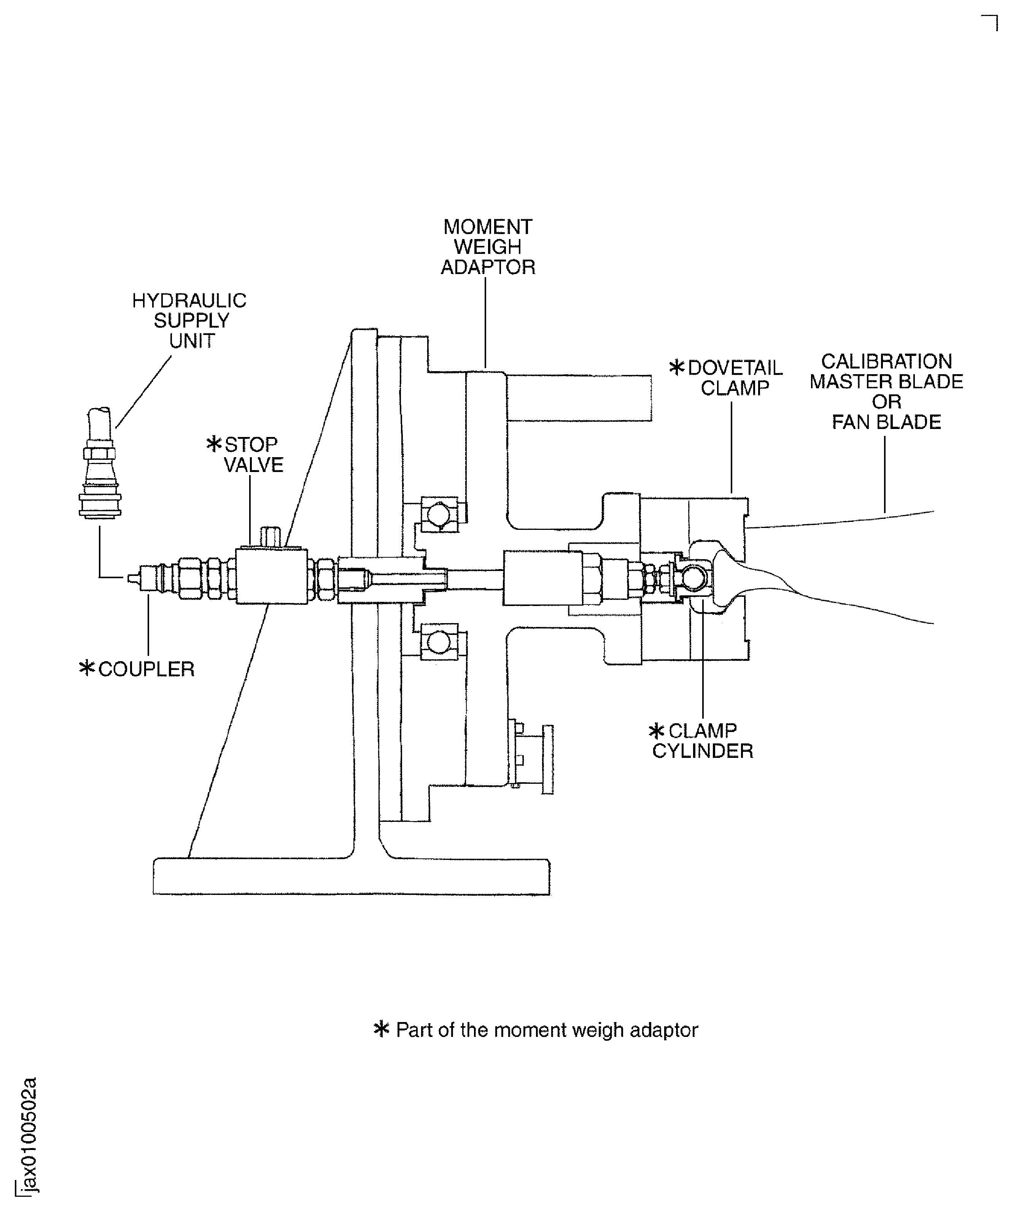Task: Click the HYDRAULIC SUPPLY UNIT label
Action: point(190,321)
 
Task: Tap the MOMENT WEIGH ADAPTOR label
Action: point(487,247)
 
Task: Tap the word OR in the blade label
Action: point(886,402)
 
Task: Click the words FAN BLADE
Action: point(886,423)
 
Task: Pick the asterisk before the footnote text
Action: point(381,1030)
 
